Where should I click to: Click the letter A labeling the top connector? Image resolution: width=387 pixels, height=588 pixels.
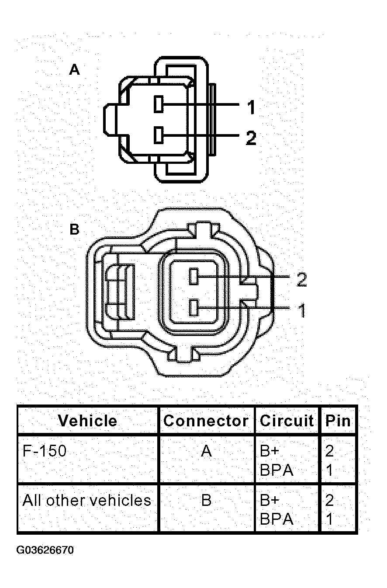point(75,70)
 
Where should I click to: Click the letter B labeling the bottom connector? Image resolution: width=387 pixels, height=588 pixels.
point(75,229)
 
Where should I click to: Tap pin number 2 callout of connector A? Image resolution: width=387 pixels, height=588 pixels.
point(250,138)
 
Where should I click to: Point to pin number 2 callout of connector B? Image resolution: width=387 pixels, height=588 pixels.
point(301,280)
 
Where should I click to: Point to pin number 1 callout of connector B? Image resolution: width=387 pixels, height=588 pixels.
point(301,311)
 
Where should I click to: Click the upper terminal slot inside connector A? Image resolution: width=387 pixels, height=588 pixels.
point(159,104)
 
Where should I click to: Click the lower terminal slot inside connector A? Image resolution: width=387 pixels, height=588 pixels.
point(159,135)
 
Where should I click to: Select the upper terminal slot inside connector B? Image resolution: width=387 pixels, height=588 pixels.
point(194,277)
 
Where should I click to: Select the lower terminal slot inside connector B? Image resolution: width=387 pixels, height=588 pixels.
point(194,307)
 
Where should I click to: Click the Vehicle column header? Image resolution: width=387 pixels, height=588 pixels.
point(87,421)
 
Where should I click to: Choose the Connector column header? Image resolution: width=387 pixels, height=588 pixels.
point(206,421)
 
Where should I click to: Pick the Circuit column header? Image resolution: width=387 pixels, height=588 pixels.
point(287,421)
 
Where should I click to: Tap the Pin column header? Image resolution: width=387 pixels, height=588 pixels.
point(338,421)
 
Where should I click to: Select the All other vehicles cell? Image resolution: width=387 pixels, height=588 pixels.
point(86,500)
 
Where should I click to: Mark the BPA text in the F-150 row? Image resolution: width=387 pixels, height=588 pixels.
point(276,470)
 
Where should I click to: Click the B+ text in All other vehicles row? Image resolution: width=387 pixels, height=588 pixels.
point(269,500)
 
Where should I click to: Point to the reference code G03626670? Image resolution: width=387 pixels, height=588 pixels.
point(45,550)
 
